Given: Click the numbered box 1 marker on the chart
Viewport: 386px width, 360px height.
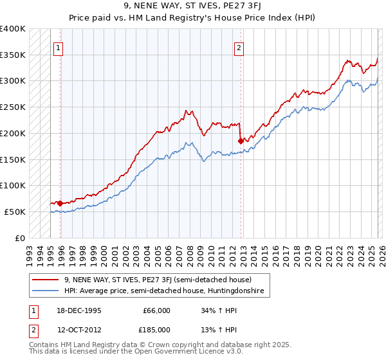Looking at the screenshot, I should pyautogui.click(x=58, y=47).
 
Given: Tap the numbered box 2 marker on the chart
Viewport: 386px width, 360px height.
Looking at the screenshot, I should pyautogui.click(x=239, y=47).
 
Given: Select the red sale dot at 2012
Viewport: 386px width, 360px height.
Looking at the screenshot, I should pyautogui.click(x=241, y=140).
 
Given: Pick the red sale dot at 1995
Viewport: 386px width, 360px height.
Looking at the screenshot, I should pyautogui.click(x=60, y=203).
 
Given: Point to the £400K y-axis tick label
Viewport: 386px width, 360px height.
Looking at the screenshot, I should pyautogui.click(x=13, y=29).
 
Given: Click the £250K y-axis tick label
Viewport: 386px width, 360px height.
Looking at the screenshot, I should pyautogui.click(x=13, y=107).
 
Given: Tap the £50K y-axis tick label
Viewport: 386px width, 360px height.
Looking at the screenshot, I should pyautogui.click(x=15, y=212).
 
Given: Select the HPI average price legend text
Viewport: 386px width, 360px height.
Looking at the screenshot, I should pyautogui.click(x=164, y=291).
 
